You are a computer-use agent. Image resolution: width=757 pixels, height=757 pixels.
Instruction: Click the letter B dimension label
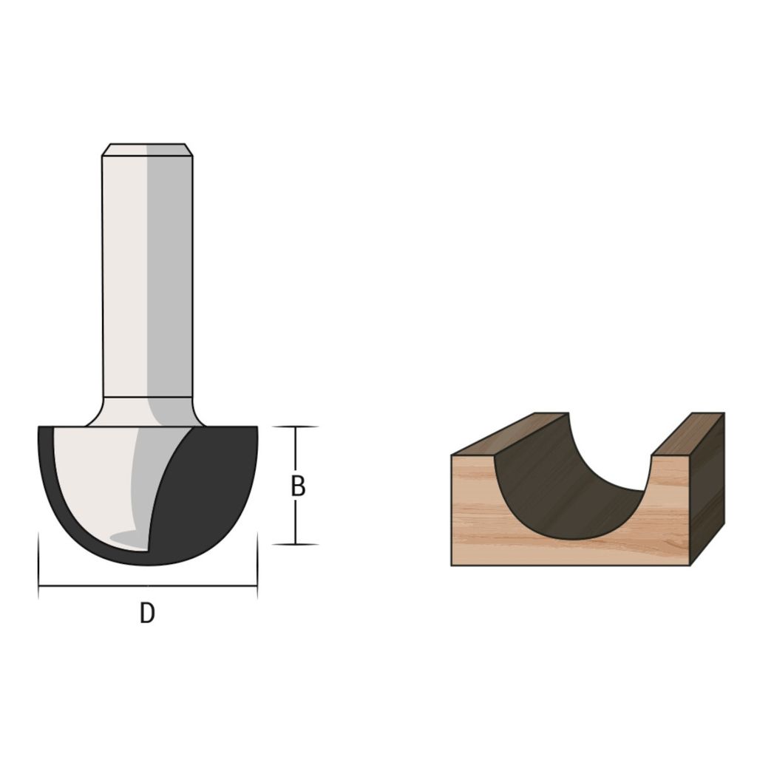[x=297, y=486]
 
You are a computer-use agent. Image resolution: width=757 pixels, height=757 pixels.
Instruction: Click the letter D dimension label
[x=147, y=614]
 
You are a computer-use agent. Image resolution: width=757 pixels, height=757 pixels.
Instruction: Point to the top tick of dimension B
[x=296, y=427]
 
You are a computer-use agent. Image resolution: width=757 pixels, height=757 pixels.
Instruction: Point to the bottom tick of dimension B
[x=296, y=544]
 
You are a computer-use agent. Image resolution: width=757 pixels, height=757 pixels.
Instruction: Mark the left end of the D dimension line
[x=38, y=586]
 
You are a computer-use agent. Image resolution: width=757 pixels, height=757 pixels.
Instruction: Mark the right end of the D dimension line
[x=257, y=586]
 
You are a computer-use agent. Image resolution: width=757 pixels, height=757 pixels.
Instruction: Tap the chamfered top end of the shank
[x=147, y=149]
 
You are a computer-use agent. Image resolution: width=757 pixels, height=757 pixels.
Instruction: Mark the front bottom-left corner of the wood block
[x=452, y=565]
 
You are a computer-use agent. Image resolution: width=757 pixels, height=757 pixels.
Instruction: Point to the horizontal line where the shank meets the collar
[x=147, y=398]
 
